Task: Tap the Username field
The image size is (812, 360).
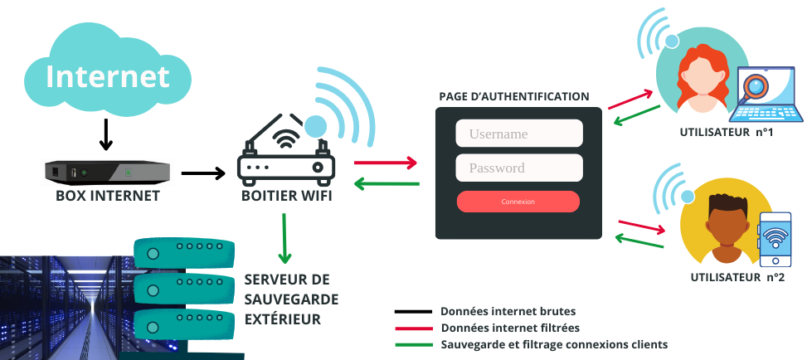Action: [x=519, y=134]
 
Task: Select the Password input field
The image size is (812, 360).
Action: [x=519, y=168]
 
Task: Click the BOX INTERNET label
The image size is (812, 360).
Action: [x=107, y=197]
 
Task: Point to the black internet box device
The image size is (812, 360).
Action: [x=107, y=173]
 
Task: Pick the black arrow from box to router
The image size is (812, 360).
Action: [x=202, y=173]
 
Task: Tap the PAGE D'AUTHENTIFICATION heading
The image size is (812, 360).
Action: [x=514, y=97]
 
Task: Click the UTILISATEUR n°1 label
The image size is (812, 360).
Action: [x=726, y=132]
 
